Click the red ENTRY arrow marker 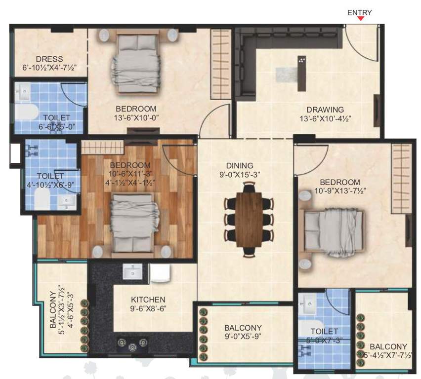point(361,19)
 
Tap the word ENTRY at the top point(359,12)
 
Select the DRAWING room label point(325,109)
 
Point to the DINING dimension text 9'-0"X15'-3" point(240,174)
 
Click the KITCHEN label point(148,300)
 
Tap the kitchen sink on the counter point(132,271)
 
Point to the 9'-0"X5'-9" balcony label point(243,332)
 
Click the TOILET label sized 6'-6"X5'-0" point(56,117)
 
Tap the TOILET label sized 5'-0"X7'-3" point(324,331)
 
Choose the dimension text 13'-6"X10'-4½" point(325,118)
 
